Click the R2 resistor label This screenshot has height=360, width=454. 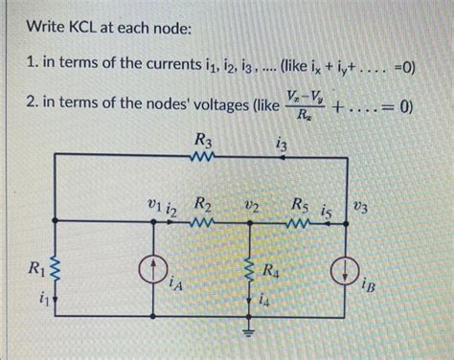click(x=203, y=204)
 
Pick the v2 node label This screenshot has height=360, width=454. click(x=251, y=206)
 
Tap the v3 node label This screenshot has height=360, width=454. click(x=359, y=205)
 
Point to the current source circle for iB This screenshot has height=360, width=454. click(x=342, y=272)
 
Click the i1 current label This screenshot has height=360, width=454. click(x=37, y=299)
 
